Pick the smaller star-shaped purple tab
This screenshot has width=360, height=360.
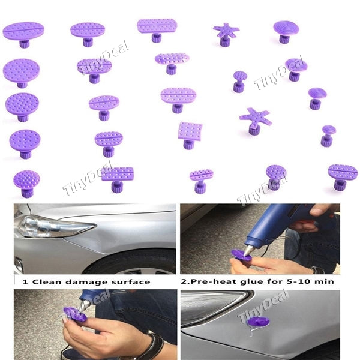(226, 31)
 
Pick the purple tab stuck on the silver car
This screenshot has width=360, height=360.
(259, 322)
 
